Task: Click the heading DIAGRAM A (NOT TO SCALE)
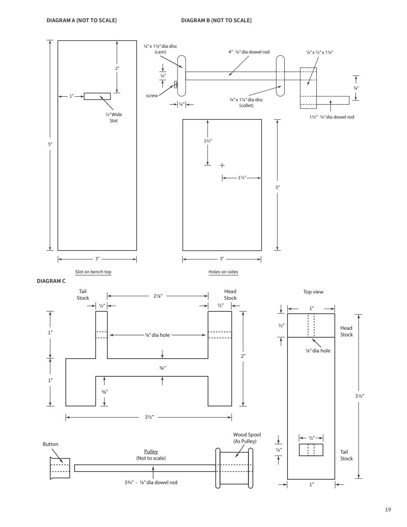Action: click(x=82, y=21)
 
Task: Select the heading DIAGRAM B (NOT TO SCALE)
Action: click(x=216, y=21)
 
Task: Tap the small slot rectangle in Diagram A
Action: click(x=97, y=96)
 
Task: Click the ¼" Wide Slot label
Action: click(x=114, y=117)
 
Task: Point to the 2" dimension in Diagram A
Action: click(x=117, y=68)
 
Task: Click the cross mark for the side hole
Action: click(x=222, y=165)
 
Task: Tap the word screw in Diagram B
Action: click(x=152, y=96)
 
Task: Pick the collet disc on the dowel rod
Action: click(x=280, y=76)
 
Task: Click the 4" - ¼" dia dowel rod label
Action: click(x=249, y=52)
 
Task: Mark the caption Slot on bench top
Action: click(x=93, y=272)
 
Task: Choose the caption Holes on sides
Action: click(x=223, y=272)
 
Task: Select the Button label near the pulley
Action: click(x=50, y=444)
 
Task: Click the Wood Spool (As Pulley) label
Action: click(x=247, y=438)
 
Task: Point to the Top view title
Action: click(x=313, y=292)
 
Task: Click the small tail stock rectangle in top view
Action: click(x=311, y=450)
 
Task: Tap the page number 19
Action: click(x=388, y=510)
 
